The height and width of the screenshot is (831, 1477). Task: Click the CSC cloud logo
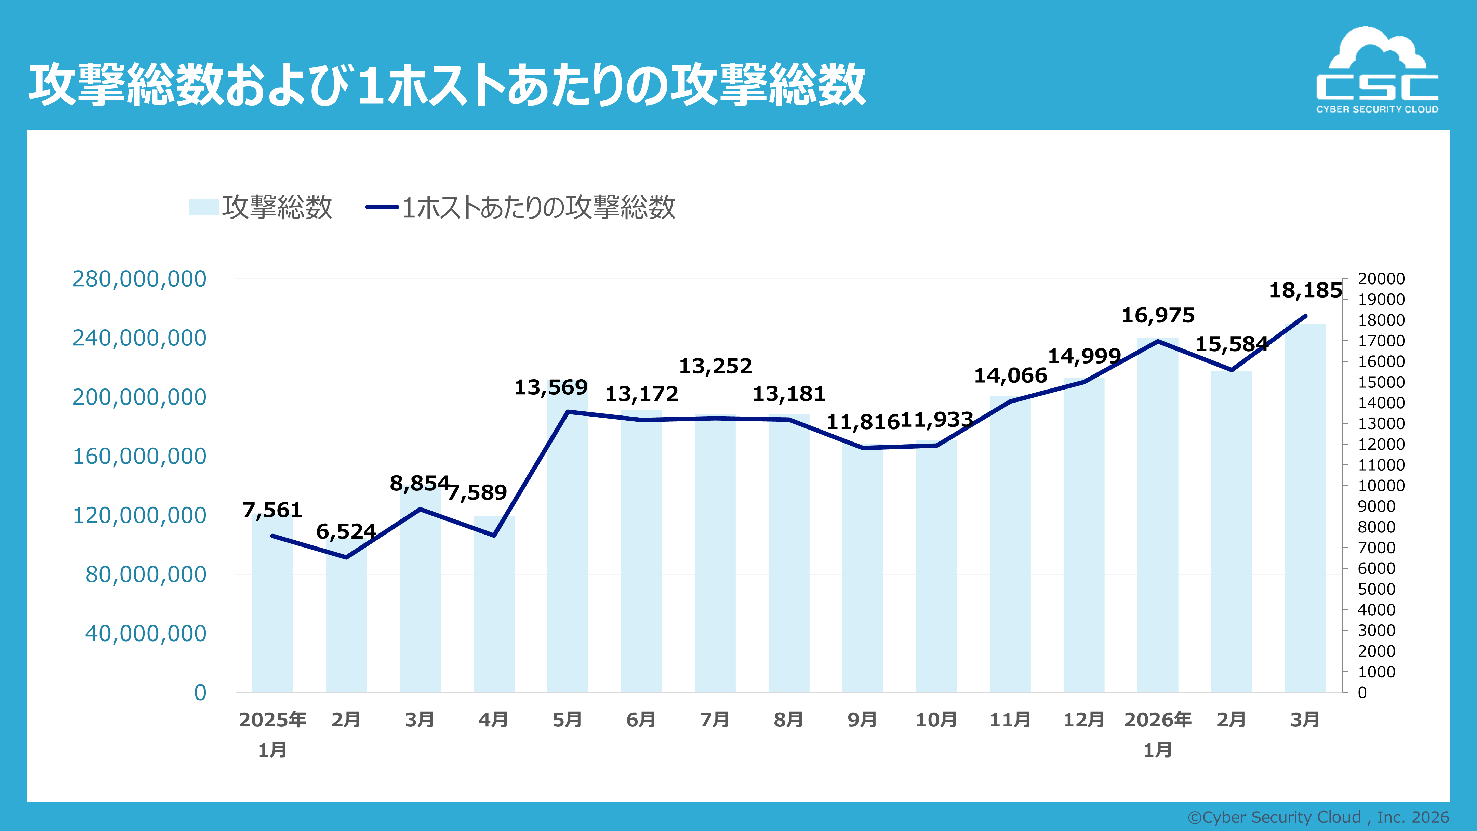point(1377,70)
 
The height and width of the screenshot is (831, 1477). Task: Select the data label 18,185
point(1305,291)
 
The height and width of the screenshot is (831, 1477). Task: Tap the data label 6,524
point(346,532)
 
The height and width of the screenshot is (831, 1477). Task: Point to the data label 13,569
point(550,388)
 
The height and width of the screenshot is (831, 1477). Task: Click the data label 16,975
point(1158,315)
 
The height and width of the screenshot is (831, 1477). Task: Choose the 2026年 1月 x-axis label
point(1158,734)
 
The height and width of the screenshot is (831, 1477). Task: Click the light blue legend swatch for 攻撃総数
point(203,207)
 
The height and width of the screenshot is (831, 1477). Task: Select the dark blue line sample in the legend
point(382,207)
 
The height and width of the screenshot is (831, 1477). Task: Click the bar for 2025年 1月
point(272,614)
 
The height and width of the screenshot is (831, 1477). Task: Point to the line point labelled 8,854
point(420,509)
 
